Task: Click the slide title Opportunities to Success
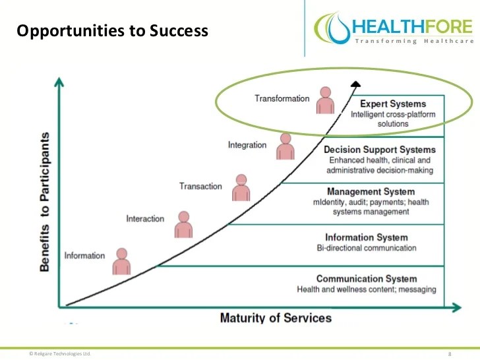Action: [111, 30]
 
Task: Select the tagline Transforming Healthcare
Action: [413, 42]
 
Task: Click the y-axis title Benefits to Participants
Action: [44, 202]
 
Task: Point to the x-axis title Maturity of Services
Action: [276, 318]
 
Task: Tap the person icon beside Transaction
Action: [241, 188]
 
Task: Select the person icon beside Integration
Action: [285, 146]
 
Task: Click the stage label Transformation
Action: [282, 98]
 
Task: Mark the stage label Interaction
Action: [145, 218]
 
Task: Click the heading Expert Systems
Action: [393, 104]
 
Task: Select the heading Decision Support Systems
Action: [380, 150]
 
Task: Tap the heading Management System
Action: [380, 192]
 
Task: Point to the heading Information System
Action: [367, 237]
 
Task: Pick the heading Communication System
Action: [367, 279]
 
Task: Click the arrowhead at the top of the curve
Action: [356, 83]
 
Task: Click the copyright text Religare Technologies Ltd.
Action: [59, 353]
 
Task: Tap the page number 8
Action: [450, 354]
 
